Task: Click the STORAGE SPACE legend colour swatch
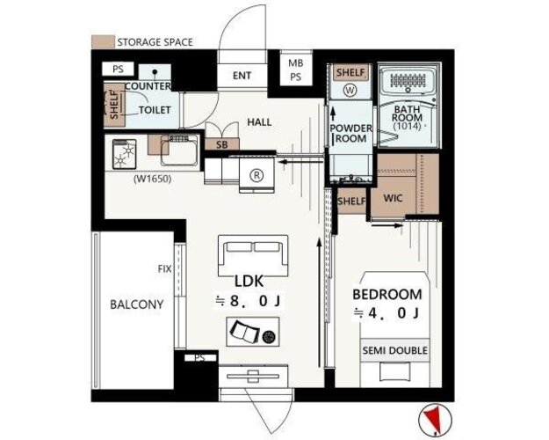coord(103,41)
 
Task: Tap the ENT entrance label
coord(242,76)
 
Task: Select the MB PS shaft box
coord(296,70)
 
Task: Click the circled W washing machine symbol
coord(350,91)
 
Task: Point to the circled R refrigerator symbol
coord(257,175)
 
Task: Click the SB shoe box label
coord(221,144)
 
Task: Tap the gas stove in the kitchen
coord(125,154)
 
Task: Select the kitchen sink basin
coord(179,150)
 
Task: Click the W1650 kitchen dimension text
coord(152,179)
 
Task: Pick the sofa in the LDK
coord(253,255)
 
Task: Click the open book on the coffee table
coord(244,332)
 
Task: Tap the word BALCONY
coord(136,304)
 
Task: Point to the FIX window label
coord(165,269)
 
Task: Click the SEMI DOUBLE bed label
coord(395,350)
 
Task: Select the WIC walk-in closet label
coord(393,198)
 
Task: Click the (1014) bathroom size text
coord(407,127)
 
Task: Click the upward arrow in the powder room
coord(333,114)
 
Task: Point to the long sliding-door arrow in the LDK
coord(319,303)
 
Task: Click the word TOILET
coord(155,110)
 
